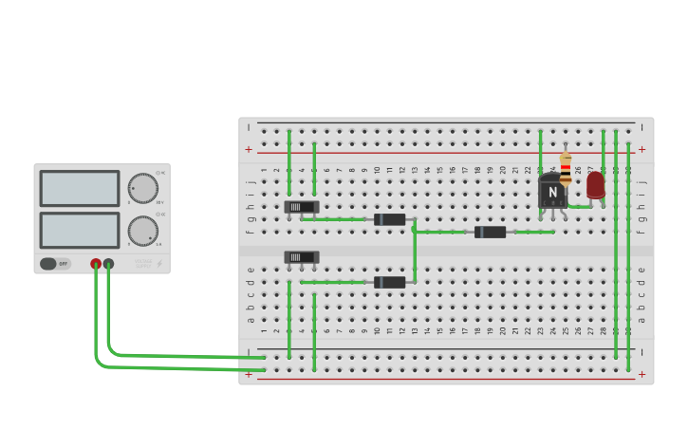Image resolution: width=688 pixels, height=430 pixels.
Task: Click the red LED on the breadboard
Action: click(595, 184)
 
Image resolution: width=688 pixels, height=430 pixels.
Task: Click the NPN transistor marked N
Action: click(552, 192)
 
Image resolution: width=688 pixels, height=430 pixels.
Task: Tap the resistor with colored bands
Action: click(566, 168)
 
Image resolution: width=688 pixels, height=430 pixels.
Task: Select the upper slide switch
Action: click(302, 207)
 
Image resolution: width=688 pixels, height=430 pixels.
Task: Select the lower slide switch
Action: click(302, 257)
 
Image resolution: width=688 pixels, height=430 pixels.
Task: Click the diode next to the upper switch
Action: click(389, 219)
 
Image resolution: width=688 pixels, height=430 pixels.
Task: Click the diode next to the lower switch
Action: click(389, 282)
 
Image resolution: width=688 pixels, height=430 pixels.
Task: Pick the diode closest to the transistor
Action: click(490, 232)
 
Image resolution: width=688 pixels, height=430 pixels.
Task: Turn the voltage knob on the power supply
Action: click(142, 188)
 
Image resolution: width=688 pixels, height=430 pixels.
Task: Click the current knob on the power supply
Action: click(142, 231)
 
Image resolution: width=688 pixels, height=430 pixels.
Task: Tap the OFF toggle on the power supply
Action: click(55, 264)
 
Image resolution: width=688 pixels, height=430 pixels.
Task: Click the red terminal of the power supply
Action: click(96, 264)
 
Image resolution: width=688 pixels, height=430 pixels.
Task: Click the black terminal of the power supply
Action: click(108, 264)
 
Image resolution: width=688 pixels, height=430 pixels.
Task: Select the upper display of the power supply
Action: click(80, 189)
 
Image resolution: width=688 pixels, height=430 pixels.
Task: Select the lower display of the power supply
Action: click(80, 231)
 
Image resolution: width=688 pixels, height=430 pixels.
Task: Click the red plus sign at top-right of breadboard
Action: click(642, 149)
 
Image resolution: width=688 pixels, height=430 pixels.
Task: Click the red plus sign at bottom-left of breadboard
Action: click(249, 374)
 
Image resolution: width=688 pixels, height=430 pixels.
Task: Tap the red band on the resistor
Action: click(566, 164)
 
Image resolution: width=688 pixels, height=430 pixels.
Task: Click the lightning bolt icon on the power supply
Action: click(159, 264)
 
